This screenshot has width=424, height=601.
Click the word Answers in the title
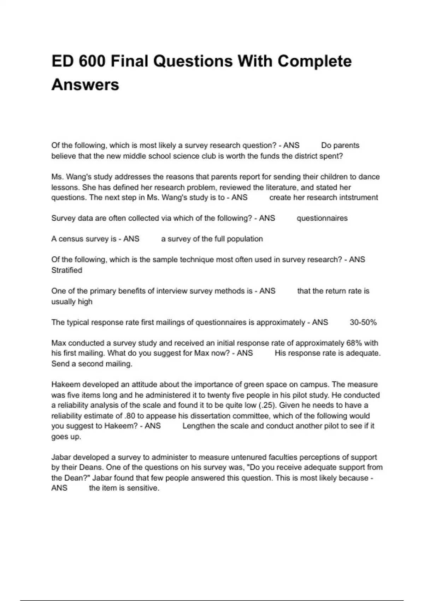[85, 85]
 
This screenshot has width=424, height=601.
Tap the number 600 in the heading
[93, 61]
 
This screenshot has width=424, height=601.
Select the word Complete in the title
[314, 61]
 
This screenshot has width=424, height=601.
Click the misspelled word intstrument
[359, 198]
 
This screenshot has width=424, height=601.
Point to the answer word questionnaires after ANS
[322, 218]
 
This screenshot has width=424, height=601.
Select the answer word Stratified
[67, 270]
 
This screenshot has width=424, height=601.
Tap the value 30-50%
[363, 322]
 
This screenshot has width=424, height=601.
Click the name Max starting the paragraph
[59, 343]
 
